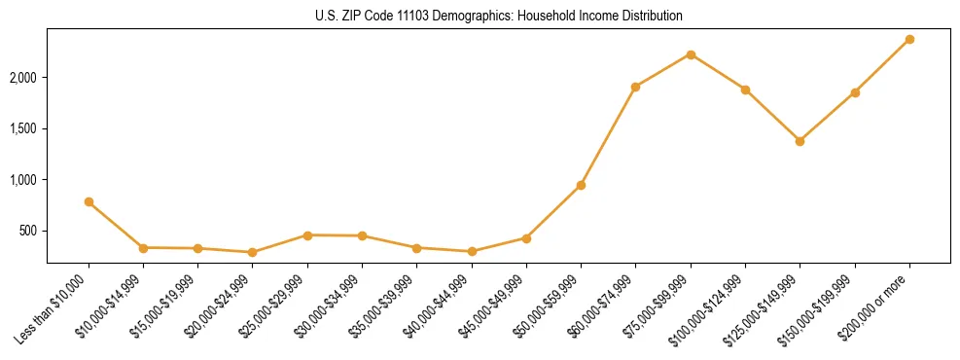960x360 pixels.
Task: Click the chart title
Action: [499, 16]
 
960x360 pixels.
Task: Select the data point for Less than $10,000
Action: [89, 201]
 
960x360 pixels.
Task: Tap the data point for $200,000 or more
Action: [909, 39]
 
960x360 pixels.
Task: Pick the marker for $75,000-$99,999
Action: [691, 54]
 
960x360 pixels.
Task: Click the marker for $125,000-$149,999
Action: [800, 141]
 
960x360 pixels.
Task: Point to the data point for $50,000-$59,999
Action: [581, 185]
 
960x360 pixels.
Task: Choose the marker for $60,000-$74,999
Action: [635, 87]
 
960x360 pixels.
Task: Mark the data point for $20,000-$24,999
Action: [252, 252]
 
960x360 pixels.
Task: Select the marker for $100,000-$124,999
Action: [745, 90]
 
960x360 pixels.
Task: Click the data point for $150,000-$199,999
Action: [855, 92]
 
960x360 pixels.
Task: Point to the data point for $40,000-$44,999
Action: [472, 251]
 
